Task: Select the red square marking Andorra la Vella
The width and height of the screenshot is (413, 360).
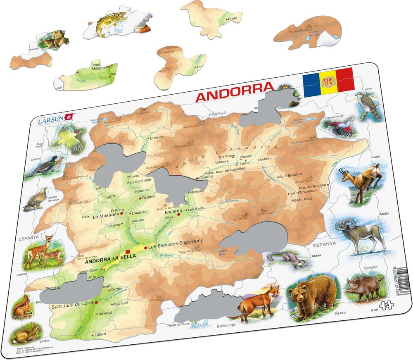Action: [128, 252]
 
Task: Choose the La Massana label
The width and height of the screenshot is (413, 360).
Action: [106, 216]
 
